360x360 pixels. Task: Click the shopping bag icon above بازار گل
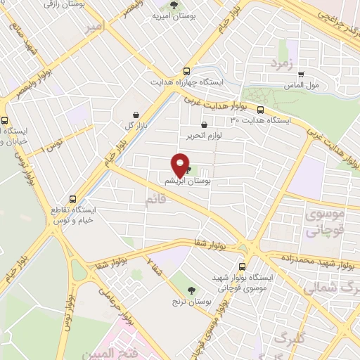tap(135, 113)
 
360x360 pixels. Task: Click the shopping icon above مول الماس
tap(301, 74)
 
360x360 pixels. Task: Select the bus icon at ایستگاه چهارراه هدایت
tap(186, 71)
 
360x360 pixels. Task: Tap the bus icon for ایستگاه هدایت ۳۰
tap(261, 110)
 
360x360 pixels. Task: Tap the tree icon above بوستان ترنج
tap(192, 290)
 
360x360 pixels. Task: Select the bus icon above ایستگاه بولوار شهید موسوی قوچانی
tap(243, 266)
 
